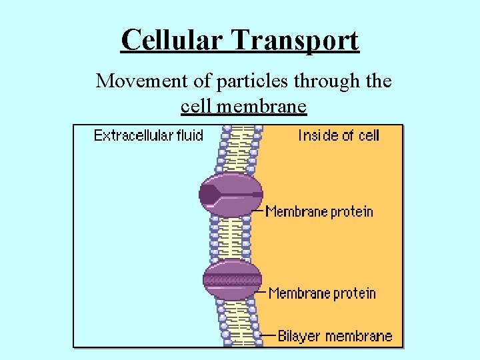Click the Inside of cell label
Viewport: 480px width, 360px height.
339,135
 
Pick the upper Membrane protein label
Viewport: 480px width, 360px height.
319,212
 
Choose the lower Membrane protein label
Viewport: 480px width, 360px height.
322,293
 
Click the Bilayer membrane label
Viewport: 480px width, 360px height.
335,335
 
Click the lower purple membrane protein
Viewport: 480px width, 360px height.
232,280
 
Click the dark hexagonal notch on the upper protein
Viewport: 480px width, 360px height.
209,195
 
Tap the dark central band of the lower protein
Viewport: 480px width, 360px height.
232,280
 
